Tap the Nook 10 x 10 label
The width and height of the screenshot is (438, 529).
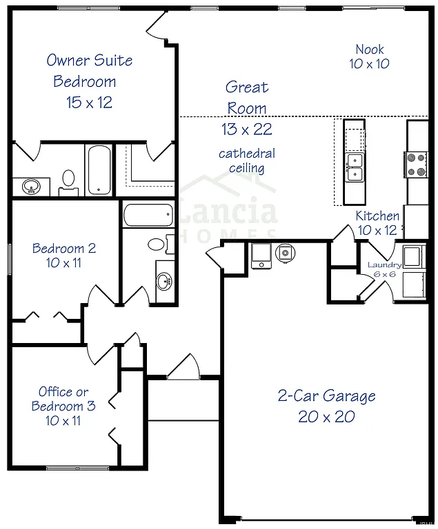pos(370,56)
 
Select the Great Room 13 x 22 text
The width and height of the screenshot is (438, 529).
pos(246,108)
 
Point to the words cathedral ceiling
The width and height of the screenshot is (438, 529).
pos(246,160)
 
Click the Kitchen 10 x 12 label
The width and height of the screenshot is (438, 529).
pos(377,223)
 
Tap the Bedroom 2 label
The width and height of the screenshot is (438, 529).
pos(64,256)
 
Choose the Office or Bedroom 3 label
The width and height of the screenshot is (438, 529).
pos(63,406)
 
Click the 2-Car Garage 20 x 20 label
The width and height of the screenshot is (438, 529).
pos(327,406)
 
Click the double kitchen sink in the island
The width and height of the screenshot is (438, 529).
pos(355,167)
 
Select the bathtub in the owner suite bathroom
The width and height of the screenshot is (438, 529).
pos(98,170)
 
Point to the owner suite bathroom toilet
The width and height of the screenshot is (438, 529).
pos(68,181)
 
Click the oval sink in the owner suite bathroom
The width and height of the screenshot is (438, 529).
pos(31,186)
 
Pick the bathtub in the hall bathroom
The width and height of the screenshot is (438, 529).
pos(148,215)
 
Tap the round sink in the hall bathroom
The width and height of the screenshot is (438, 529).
pos(164,280)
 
